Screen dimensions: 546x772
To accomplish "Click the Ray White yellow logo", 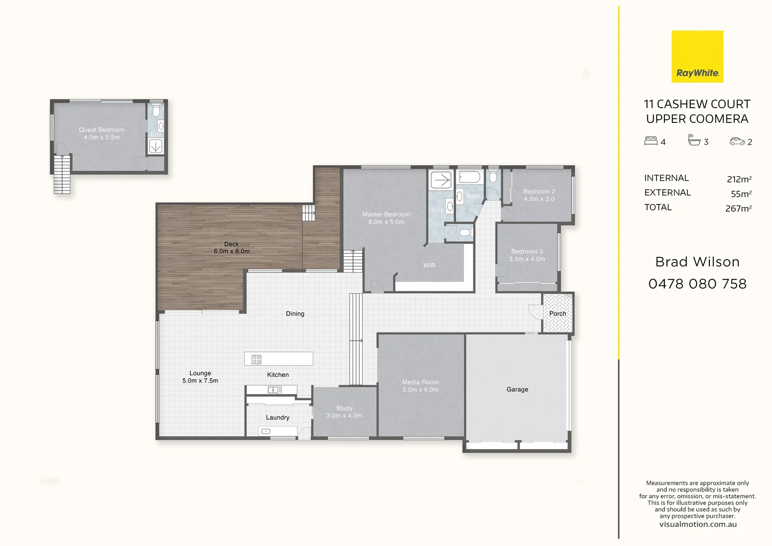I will pyautogui.click(x=697, y=57).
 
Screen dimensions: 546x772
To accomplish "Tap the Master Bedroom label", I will pyautogui.click(x=386, y=218).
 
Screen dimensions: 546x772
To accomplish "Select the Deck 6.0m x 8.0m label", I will pyautogui.click(x=231, y=248).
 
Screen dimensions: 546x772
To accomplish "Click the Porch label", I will pyautogui.click(x=558, y=313).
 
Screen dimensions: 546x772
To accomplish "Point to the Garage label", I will pyautogui.click(x=517, y=389).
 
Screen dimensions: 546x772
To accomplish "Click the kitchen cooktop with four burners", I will pyautogui.click(x=257, y=359).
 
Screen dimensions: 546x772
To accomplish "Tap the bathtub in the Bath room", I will pyautogui.click(x=469, y=177).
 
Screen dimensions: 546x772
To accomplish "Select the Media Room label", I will pyautogui.click(x=420, y=386).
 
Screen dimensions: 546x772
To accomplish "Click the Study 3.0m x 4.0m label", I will pyautogui.click(x=344, y=412).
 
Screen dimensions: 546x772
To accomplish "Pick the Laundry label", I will pyautogui.click(x=277, y=418).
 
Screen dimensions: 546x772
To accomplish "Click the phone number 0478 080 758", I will pyautogui.click(x=697, y=284).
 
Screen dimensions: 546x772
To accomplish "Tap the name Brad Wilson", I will pyautogui.click(x=697, y=262).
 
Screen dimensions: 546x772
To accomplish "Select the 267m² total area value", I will pyautogui.click(x=738, y=208).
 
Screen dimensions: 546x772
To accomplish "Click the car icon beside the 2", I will pyautogui.click(x=737, y=142).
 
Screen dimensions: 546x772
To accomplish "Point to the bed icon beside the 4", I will pyautogui.click(x=651, y=141).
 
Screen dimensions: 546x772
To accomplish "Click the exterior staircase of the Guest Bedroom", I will pyautogui.click(x=62, y=174).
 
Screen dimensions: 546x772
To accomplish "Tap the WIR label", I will pyautogui.click(x=429, y=265).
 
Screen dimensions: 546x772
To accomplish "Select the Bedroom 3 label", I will pyautogui.click(x=526, y=255).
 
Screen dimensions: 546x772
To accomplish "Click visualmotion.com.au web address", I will pyautogui.click(x=698, y=524).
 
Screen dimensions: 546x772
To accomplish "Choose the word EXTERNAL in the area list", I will pyautogui.click(x=667, y=193).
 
